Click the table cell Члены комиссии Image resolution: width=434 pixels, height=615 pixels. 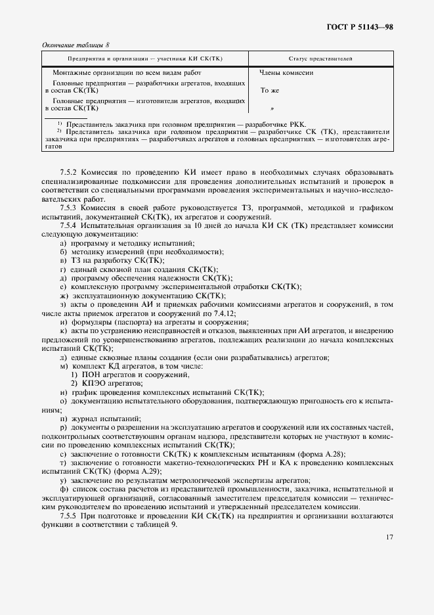click(286, 73)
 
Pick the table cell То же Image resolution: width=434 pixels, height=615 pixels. click(270, 91)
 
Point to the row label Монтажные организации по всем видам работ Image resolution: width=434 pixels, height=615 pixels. click(127, 73)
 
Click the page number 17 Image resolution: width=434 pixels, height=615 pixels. click(389, 537)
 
